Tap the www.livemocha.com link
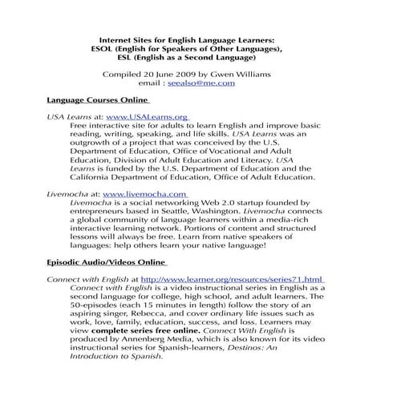point(145,194)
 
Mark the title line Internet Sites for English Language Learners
point(198,38)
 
